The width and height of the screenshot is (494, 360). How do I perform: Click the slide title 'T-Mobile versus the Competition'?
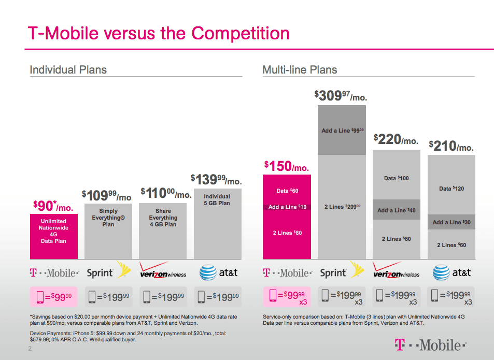(158, 33)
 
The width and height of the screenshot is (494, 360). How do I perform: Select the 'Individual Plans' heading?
(68, 70)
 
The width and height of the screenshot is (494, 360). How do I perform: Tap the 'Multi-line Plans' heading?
(300, 70)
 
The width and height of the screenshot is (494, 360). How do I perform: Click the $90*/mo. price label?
(53, 206)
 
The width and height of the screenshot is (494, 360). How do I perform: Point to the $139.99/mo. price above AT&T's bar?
(216, 180)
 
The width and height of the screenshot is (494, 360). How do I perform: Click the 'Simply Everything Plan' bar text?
(108, 218)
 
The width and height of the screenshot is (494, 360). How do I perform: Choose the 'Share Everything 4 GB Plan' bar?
(163, 218)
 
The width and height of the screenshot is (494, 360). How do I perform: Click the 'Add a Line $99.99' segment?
(341, 130)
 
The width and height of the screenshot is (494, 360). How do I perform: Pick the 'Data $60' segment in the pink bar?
(287, 191)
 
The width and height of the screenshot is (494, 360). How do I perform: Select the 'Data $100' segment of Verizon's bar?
(397, 178)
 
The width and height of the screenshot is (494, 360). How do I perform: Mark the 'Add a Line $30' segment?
(451, 222)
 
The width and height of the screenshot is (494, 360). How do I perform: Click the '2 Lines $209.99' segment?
(342, 207)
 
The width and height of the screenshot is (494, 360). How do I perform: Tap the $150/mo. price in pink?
(286, 166)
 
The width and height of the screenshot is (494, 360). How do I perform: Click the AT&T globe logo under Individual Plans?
(208, 272)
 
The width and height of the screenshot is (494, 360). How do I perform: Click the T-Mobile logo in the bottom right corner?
(430, 344)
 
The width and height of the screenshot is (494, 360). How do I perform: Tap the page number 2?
(30, 350)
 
